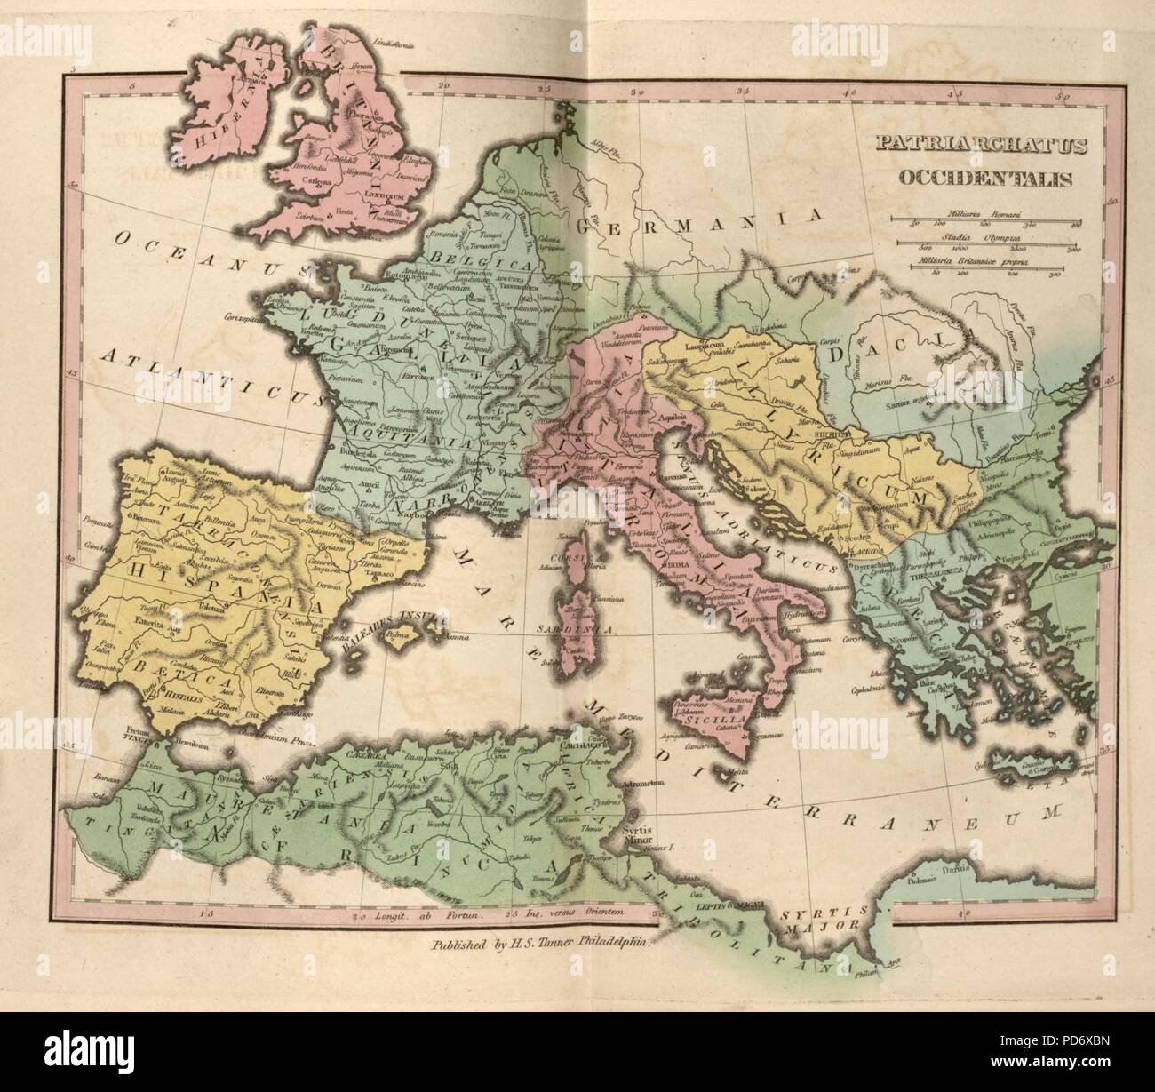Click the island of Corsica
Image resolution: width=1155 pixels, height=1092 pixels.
coord(582,569)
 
